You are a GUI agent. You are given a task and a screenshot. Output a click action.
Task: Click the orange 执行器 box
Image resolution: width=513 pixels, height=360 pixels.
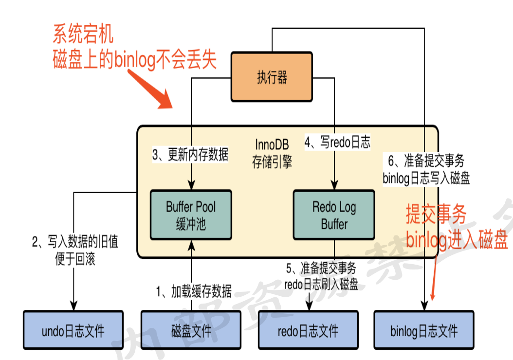pos(272,77)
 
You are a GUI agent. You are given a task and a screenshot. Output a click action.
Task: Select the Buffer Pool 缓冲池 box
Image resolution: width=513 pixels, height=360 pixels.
pos(191,215)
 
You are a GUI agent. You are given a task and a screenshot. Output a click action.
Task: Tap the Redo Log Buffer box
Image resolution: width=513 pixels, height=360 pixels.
pos(334,215)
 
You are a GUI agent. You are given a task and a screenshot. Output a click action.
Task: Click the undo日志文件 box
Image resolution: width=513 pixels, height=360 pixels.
pos(73,330)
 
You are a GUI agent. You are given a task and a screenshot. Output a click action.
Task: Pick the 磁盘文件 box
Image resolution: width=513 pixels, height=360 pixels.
pos(191,330)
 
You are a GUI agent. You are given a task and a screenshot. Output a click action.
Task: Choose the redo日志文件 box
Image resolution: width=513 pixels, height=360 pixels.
pos(308,330)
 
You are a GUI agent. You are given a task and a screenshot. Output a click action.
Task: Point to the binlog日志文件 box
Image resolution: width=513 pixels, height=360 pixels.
pos(424,330)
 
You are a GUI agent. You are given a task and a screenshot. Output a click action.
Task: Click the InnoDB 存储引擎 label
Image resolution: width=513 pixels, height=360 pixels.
pos(272,153)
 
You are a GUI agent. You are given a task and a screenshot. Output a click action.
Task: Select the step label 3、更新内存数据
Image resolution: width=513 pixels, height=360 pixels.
pos(190,154)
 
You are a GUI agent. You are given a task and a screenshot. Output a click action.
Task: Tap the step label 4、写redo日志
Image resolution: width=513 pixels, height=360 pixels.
pos(337,142)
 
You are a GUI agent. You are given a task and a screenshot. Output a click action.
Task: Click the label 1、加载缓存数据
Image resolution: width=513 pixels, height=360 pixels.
pos(194,291)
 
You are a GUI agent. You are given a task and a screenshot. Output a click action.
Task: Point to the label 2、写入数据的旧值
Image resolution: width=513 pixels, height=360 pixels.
pos(75,242)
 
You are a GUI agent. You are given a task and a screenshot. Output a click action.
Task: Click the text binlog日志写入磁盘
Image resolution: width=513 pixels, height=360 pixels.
pos(426,178)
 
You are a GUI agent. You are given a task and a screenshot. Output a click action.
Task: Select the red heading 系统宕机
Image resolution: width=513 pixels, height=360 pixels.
pos(83,34)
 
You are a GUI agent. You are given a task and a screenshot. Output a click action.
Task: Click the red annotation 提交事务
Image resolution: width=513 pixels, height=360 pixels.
pos(436,214)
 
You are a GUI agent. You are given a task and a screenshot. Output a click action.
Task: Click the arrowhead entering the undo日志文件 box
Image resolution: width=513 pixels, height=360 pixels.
pos(73,306)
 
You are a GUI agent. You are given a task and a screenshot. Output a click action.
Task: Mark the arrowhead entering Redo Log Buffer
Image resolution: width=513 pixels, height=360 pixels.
pos(334,185)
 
